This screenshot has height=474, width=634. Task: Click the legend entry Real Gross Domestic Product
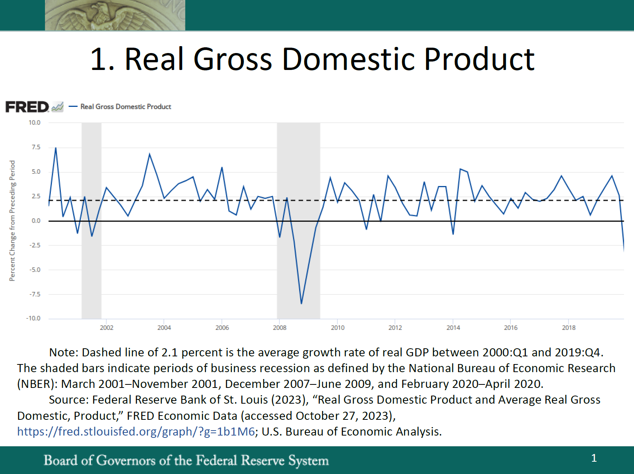[125, 107]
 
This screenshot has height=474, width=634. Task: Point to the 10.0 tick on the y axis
[34, 123]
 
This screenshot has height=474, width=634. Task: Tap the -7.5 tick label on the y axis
[35, 294]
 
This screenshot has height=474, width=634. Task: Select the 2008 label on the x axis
[280, 328]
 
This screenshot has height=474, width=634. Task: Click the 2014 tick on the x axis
[453, 328]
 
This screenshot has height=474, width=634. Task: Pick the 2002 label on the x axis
[107, 328]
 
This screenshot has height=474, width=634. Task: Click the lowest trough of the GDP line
[301, 303]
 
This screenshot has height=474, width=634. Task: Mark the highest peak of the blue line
[56, 148]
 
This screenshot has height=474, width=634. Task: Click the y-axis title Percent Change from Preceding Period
[12, 221]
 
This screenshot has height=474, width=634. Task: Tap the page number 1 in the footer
[594, 458]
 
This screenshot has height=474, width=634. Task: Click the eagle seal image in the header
[115, 15]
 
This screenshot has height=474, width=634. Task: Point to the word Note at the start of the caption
[63, 353]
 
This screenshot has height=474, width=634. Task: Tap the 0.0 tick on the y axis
[36, 221]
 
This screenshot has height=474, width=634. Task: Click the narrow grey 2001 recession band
[92, 269]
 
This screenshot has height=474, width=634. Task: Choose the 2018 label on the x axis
[569, 328]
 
